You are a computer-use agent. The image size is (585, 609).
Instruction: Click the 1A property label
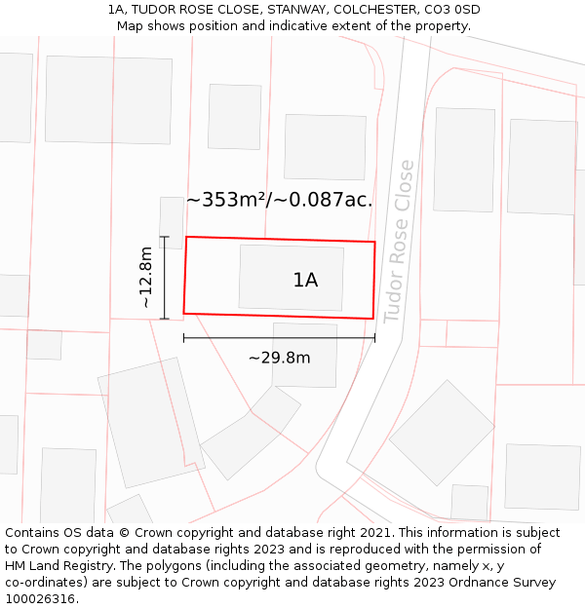click(305, 281)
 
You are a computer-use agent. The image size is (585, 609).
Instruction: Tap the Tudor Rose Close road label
click(399, 242)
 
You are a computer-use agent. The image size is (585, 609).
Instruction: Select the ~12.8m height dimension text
click(146, 277)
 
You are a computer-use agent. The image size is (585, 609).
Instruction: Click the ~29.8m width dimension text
click(279, 358)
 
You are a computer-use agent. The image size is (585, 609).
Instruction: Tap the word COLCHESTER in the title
click(371, 10)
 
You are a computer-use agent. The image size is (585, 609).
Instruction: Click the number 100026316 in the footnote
click(40, 599)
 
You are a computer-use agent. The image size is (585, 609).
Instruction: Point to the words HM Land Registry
click(57, 566)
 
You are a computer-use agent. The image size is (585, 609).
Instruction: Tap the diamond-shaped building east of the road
click(442, 432)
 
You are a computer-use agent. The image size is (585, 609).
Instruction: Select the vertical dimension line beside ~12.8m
click(165, 278)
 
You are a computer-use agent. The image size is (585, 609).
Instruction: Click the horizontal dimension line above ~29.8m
click(279, 338)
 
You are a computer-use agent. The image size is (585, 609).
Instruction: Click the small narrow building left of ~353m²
click(172, 220)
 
